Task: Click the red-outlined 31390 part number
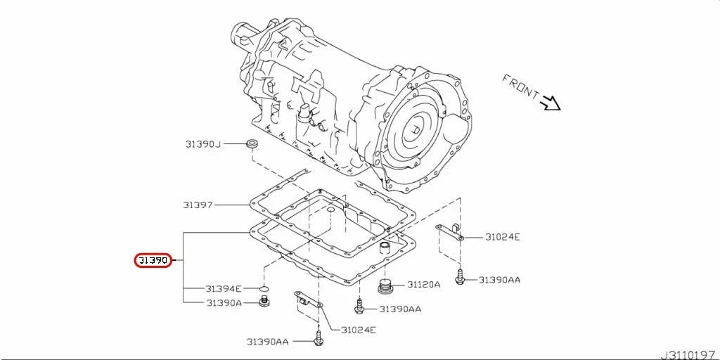(x=153, y=261)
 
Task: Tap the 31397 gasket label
(x=198, y=205)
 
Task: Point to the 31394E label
(x=224, y=289)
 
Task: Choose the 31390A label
(x=224, y=303)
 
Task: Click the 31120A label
(x=423, y=285)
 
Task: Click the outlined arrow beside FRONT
(x=550, y=103)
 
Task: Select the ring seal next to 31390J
(x=250, y=145)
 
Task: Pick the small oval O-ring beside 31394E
(x=263, y=289)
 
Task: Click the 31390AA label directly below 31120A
(x=400, y=309)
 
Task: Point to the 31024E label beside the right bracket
(x=502, y=237)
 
